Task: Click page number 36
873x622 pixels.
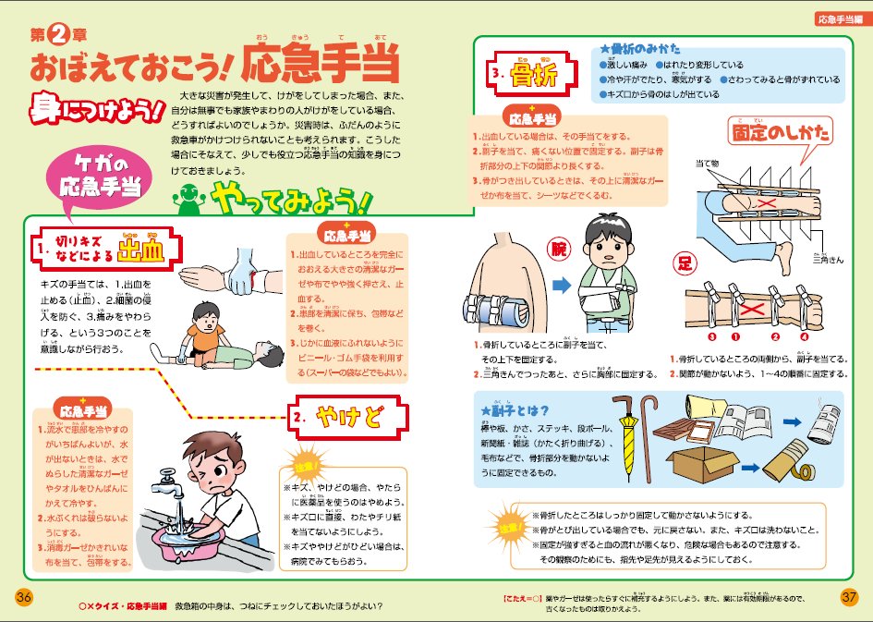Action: coord(24,597)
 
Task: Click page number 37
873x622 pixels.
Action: coord(849,597)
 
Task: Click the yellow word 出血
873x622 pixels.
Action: coord(139,250)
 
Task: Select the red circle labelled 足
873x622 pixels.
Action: coord(685,264)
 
